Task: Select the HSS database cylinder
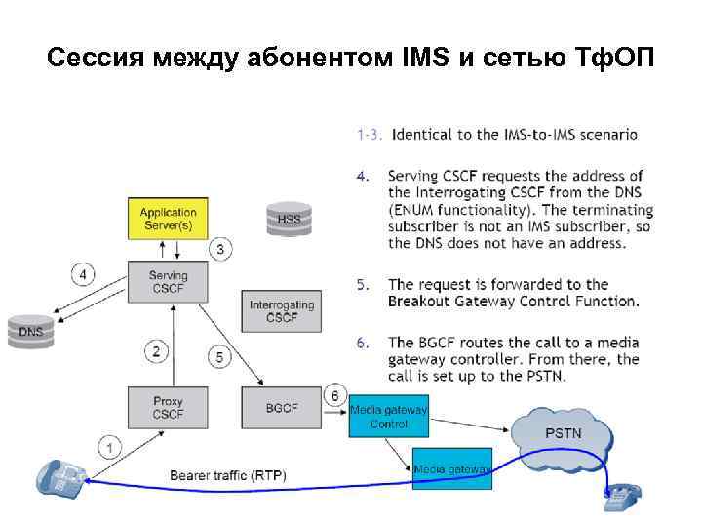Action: click(x=290, y=218)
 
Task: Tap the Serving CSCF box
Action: click(x=168, y=282)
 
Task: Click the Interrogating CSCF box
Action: click(x=282, y=311)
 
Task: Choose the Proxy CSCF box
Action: click(x=168, y=407)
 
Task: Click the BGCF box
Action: click(x=282, y=407)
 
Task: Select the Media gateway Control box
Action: click(x=388, y=417)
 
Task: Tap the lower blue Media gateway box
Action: click(x=452, y=469)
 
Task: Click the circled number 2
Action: click(x=157, y=349)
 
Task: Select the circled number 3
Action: click(x=221, y=250)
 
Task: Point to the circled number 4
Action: click(x=84, y=275)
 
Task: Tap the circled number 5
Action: click(x=219, y=358)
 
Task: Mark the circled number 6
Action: click(x=334, y=395)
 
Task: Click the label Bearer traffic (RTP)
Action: click(x=228, y=475)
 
